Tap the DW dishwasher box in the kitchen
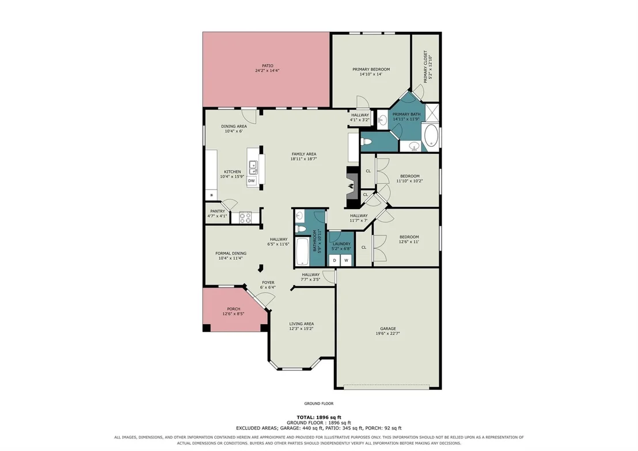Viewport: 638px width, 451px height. (x=252, y=181)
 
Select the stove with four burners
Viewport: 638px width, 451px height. (x=245, y=218)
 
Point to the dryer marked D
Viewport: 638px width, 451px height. (x=335, y=260)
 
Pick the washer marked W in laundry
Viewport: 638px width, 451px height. (x=346, y=260)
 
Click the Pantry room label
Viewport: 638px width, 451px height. (x=218, y=211)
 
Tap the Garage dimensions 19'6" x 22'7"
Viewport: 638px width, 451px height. (x=388, y=333)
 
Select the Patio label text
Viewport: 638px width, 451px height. (x=267, y=66)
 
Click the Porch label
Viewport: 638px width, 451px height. (x=234, y=309)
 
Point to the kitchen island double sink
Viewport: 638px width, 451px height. (x=253, y=167)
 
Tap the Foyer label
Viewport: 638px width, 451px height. (x=268, y=282)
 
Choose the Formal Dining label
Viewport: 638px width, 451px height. (x=231, y=253)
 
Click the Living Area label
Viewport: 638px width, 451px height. (x=302, y=324)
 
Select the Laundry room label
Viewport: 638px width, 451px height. (x=341, y=244)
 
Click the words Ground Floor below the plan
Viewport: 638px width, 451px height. (x=319, y=403)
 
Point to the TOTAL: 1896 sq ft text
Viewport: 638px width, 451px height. (x=319, y=417)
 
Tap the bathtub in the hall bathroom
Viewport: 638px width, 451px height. (x=303, y=252)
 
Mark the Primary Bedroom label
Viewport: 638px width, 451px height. (x=371, y=69)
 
